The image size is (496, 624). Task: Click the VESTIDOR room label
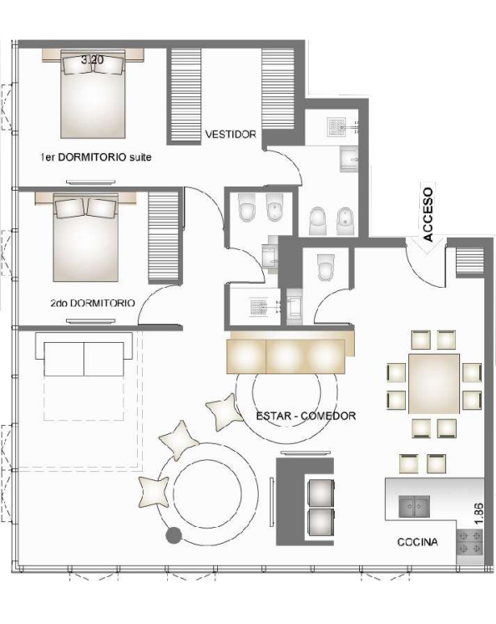coord(231,135)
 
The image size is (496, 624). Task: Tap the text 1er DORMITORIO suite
coord(95,157)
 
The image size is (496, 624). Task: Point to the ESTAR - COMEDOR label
coord(306,415)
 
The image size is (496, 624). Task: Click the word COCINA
coord(418,542)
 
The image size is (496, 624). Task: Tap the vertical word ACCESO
coord(428,213)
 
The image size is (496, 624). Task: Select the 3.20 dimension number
coord(92,60)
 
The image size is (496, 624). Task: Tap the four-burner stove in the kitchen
coord(469,545)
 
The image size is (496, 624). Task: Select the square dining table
coord(435,384)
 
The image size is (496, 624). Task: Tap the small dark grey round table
coord(175,536)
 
